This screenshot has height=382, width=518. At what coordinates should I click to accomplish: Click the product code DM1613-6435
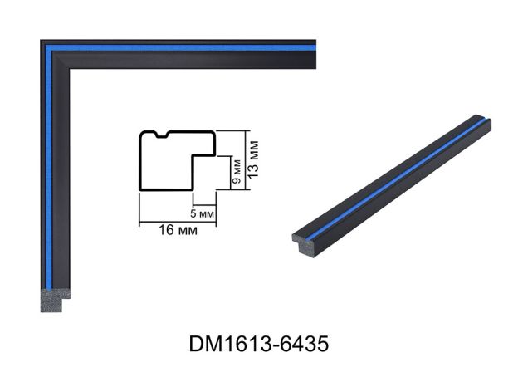click(259, 344)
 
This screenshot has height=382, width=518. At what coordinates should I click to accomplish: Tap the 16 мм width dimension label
click(178, 230)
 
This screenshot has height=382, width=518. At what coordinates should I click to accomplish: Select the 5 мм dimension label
click(203, 213)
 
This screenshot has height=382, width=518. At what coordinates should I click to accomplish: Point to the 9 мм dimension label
click(237, 172)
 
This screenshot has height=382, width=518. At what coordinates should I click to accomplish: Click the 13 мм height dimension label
click(253, 159)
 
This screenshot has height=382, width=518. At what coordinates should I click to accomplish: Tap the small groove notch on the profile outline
click(162, 135)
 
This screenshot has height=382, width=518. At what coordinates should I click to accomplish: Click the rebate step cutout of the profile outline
click(204, 172)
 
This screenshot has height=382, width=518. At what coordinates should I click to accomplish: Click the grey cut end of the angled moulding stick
click(304, 244)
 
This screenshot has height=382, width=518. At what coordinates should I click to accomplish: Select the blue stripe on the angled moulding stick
click(398, 178)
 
